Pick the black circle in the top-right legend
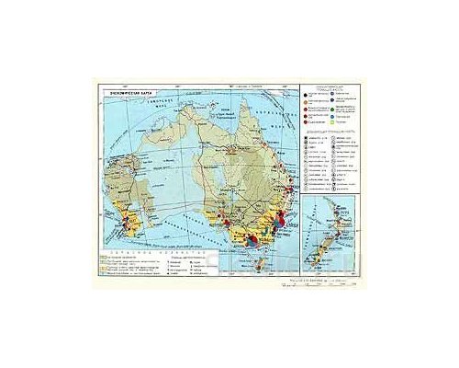pyautogui.click(x=305, y=91)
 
